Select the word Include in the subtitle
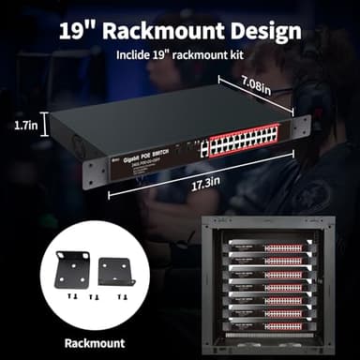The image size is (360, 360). click(136, 54)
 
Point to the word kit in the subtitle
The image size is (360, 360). click(236, 54)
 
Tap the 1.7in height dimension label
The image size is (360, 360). click(27, 124)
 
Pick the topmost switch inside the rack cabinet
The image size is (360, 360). click(272, 248)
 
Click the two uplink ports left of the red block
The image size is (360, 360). click(202, 148)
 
